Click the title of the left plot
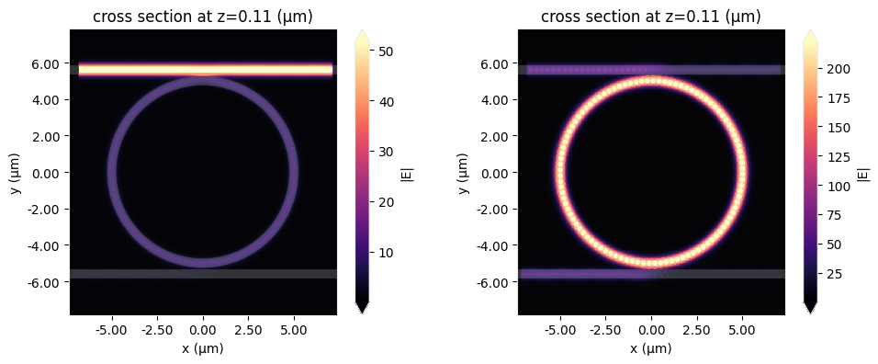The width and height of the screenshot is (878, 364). [x=203, y=17]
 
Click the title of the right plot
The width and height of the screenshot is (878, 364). [x=651, y=17]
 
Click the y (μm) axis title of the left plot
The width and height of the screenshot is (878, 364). [x=16, y=172]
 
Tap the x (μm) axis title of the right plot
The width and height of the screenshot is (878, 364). [x=651, y=348]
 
